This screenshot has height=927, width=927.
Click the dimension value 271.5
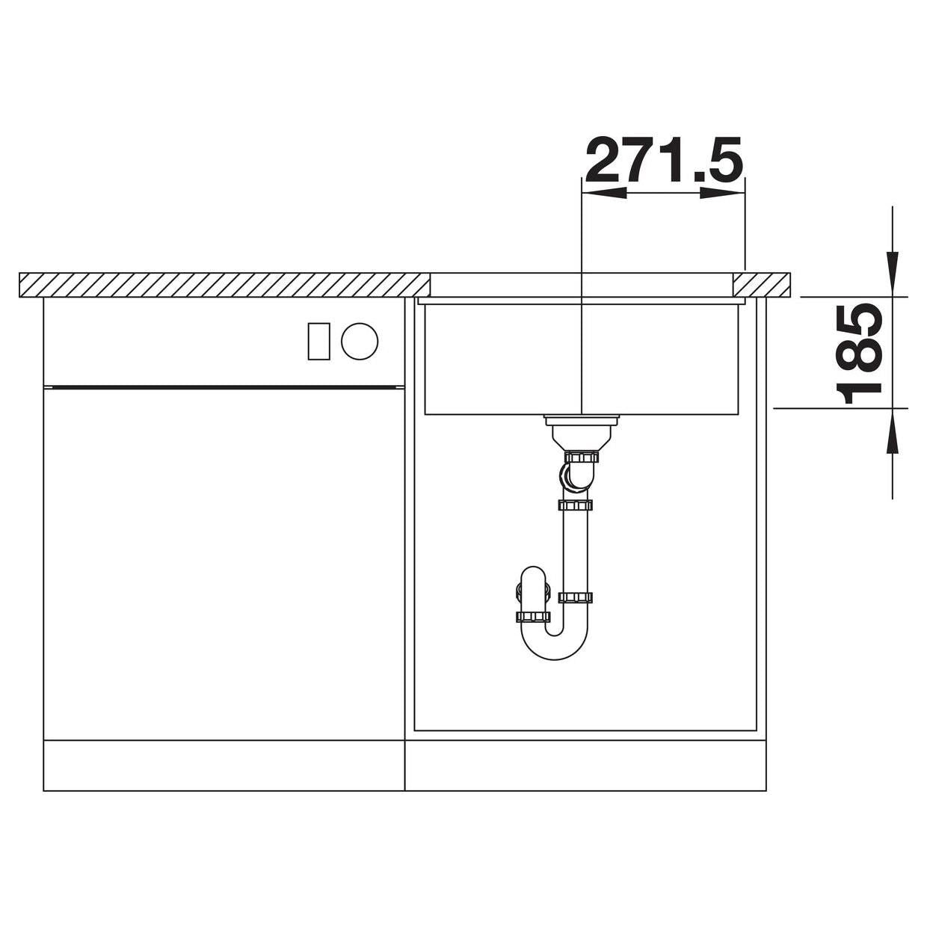[665, 161]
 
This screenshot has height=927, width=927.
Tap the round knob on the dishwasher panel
[360, 341]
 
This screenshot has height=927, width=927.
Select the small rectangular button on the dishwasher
[318, 341]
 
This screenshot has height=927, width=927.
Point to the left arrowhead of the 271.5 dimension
[604, 193]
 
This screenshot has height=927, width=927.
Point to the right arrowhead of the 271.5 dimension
[723, 193]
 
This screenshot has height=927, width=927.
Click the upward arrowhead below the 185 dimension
[893, 431]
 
